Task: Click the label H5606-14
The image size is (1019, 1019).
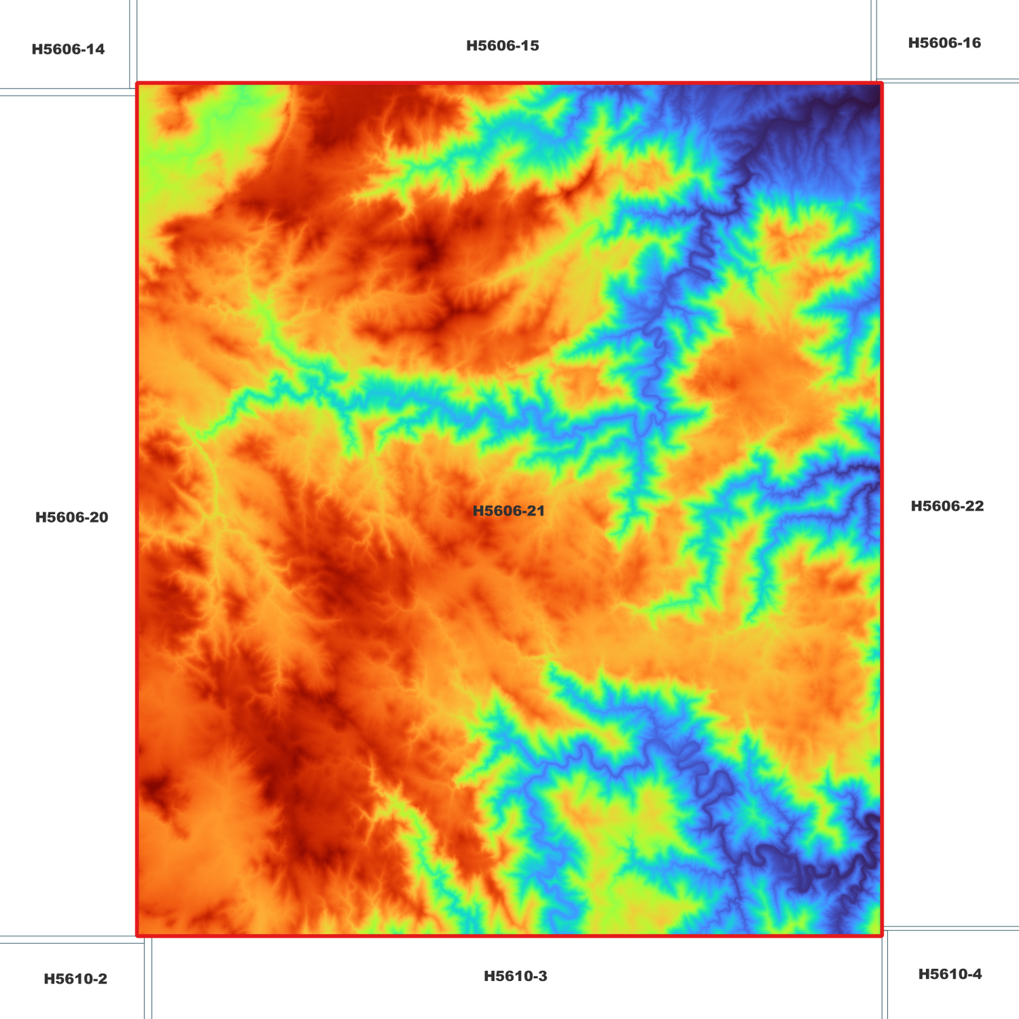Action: [x=68, y=49]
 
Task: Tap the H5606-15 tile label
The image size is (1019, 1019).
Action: [x=502, y=46]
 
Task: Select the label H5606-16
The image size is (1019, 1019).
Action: [x=944, y=43]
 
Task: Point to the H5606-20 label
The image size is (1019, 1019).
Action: [x=71, y=518]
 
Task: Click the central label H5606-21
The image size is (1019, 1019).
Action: [x=508, y=511]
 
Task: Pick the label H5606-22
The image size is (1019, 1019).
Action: [x=946, y=506]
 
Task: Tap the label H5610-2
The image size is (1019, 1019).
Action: [x=75, y=979]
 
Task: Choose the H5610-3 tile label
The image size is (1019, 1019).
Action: [x=515, y=976]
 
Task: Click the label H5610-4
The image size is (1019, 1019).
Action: [x=949, y=974]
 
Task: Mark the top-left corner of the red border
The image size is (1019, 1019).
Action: [x=138, y=84]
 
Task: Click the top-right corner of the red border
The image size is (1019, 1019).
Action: [x=881, y=84]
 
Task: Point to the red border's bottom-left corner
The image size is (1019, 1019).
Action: [x=138, y=936]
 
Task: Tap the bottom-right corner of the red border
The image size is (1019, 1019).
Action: [x=881, y=936]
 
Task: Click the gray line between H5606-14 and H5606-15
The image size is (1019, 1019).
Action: [x=133, y=42]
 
